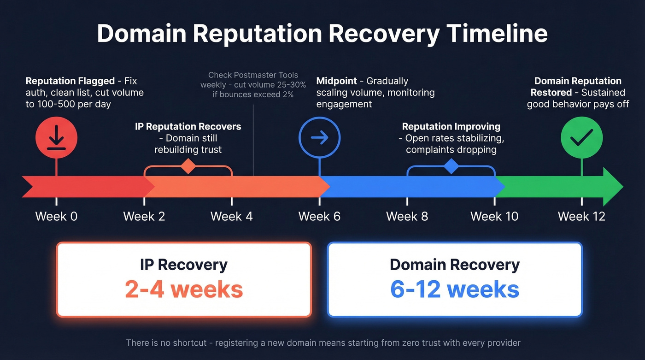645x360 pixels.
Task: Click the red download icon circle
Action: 56,137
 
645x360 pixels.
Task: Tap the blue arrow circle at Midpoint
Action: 319,137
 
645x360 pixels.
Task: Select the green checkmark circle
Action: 581,137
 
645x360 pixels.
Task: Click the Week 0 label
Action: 56,216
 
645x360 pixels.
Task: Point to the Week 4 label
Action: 231,216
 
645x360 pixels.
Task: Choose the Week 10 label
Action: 494,216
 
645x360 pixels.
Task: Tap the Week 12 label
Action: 581,216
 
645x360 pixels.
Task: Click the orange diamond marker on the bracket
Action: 188,166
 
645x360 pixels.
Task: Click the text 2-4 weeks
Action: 184,289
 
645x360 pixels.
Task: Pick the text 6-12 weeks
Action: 454,289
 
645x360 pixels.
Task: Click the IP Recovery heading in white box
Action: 184,265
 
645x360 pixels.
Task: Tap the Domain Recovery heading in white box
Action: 454,265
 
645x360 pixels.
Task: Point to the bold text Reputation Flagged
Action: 70,81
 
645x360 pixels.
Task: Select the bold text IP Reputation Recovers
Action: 188,126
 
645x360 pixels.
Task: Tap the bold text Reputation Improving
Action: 451,126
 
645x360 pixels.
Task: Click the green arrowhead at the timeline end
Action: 613,186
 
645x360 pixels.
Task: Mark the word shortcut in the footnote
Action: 188,343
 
